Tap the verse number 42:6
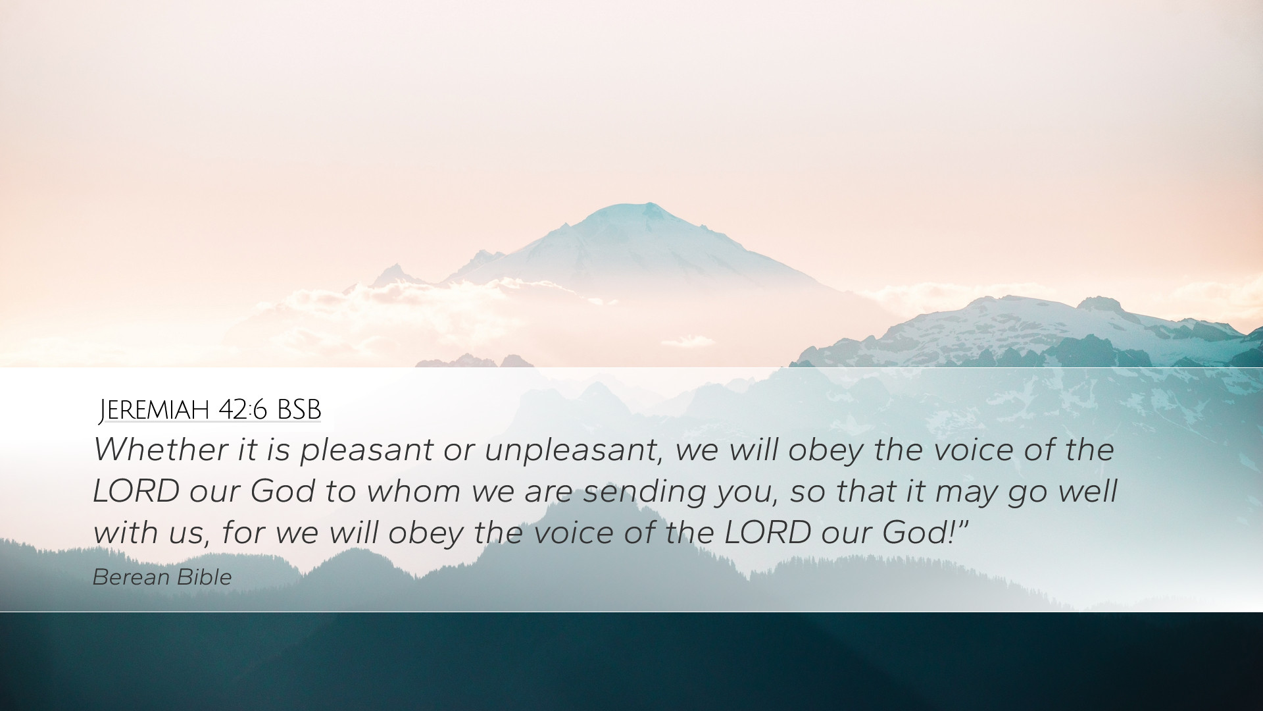pos(243,409)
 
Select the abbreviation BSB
pos(299,409)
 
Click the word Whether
pos(161,450)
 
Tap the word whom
pos(413,491)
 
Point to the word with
pos(126,533)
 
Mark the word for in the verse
pos(243,533)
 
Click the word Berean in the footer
pos(131,577)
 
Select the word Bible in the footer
pos(204,577)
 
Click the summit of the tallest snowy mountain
pos(648,203)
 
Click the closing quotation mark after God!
pos(964,524)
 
